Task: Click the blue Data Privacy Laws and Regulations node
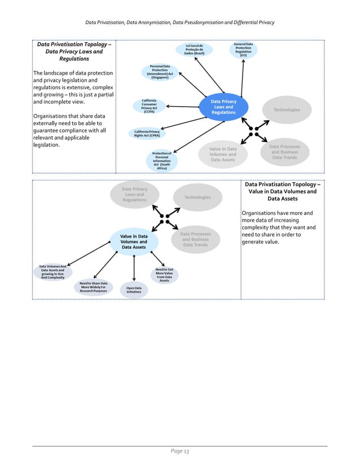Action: [x=223, y=107]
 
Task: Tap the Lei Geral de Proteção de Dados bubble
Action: [x=194, y=50]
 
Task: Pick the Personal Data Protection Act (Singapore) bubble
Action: [x=160, y=72]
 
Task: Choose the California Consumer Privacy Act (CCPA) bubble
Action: [x=149, y=106]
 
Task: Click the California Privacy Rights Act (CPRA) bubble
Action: [x=147, y=133]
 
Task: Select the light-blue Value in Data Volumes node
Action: [x=133, y=241]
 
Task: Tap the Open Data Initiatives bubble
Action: [x=134, y=290]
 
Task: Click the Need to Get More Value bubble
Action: [x=164, y=275]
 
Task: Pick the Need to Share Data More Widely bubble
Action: [x=93, y=287]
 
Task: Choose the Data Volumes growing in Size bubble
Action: [x=52, y=272]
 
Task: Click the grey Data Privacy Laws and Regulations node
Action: [x=134, y=195]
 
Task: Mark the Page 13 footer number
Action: [x=179, y=452]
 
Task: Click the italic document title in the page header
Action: [x=179, y=23]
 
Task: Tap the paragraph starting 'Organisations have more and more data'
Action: [x=278, y=227]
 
